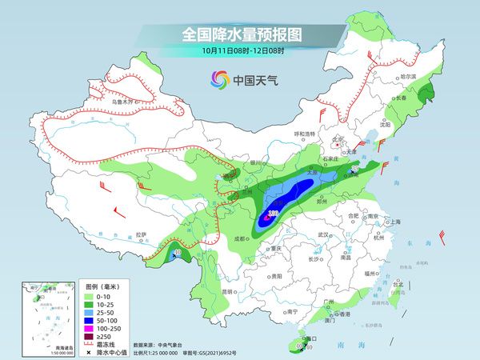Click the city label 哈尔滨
tap(409, 75)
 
